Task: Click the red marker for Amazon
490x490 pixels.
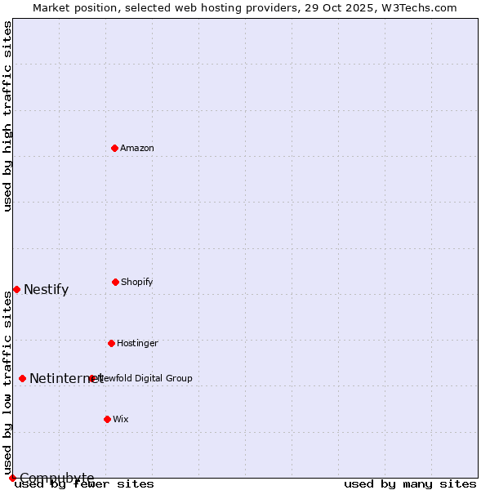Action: (x=114, y=148)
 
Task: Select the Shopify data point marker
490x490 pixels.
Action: (x=115, y=282)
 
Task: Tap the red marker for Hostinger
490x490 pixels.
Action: (x=111, y=343)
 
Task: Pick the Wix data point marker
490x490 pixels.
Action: (x=107, y=419)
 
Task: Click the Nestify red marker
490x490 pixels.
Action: (x=16, y=289)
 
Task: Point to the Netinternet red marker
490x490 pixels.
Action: (x=22, y=378)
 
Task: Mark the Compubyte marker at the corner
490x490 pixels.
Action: (x=12, y=478)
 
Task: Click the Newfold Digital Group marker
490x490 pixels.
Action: (x=92, y=378)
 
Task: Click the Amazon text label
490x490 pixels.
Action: (x=137, y=148)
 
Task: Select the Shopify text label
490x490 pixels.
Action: (x=137, y=282)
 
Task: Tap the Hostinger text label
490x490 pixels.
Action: (x=137, y=343)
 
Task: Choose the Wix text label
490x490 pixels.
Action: (x=121, y=419)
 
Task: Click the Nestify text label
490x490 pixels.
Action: (x=46, y=289)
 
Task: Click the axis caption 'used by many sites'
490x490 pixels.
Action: (x=410, y=483)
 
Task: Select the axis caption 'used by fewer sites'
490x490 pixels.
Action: (x=84, y=483)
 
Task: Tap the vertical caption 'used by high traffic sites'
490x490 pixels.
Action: (x=8, y=116)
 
